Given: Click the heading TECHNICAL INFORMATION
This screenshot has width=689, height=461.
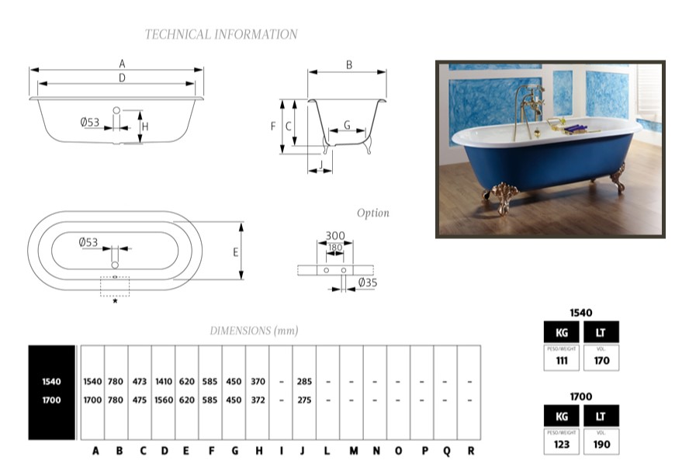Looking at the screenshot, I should coord(221,34).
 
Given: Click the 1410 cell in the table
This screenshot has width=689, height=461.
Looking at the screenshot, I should coord(164,382).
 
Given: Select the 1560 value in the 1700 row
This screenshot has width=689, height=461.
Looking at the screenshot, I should coord(164,400).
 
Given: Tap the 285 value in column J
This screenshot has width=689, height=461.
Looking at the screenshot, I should coord(305,382).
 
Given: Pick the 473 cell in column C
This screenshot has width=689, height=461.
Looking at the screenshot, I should coord(140,382).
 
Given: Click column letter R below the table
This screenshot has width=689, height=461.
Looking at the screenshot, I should coord(470,450).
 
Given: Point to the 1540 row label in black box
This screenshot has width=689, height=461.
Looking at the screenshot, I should coord(51,382).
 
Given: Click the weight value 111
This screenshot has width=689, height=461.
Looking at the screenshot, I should coord(562,360).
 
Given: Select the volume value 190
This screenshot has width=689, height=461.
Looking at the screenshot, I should coord(601,445).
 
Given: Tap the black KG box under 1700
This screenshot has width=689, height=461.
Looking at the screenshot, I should coord(562,416).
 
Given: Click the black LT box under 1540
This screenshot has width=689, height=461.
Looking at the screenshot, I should coord(601,332).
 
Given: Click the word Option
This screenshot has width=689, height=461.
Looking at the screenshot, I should coord(373,213).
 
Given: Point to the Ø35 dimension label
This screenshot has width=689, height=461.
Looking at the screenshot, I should coord(367,283).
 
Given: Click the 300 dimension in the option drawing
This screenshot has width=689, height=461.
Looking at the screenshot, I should coord(335,236).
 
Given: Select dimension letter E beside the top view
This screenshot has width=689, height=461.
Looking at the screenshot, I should coord(235,252).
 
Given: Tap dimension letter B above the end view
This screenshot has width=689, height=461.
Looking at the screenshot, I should coord(349,65).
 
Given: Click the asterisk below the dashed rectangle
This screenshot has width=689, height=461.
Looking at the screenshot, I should coord(116,301).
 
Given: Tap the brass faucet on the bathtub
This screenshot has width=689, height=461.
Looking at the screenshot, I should coord(529,109).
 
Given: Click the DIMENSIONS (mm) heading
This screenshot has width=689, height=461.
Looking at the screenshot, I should coord(254,331).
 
